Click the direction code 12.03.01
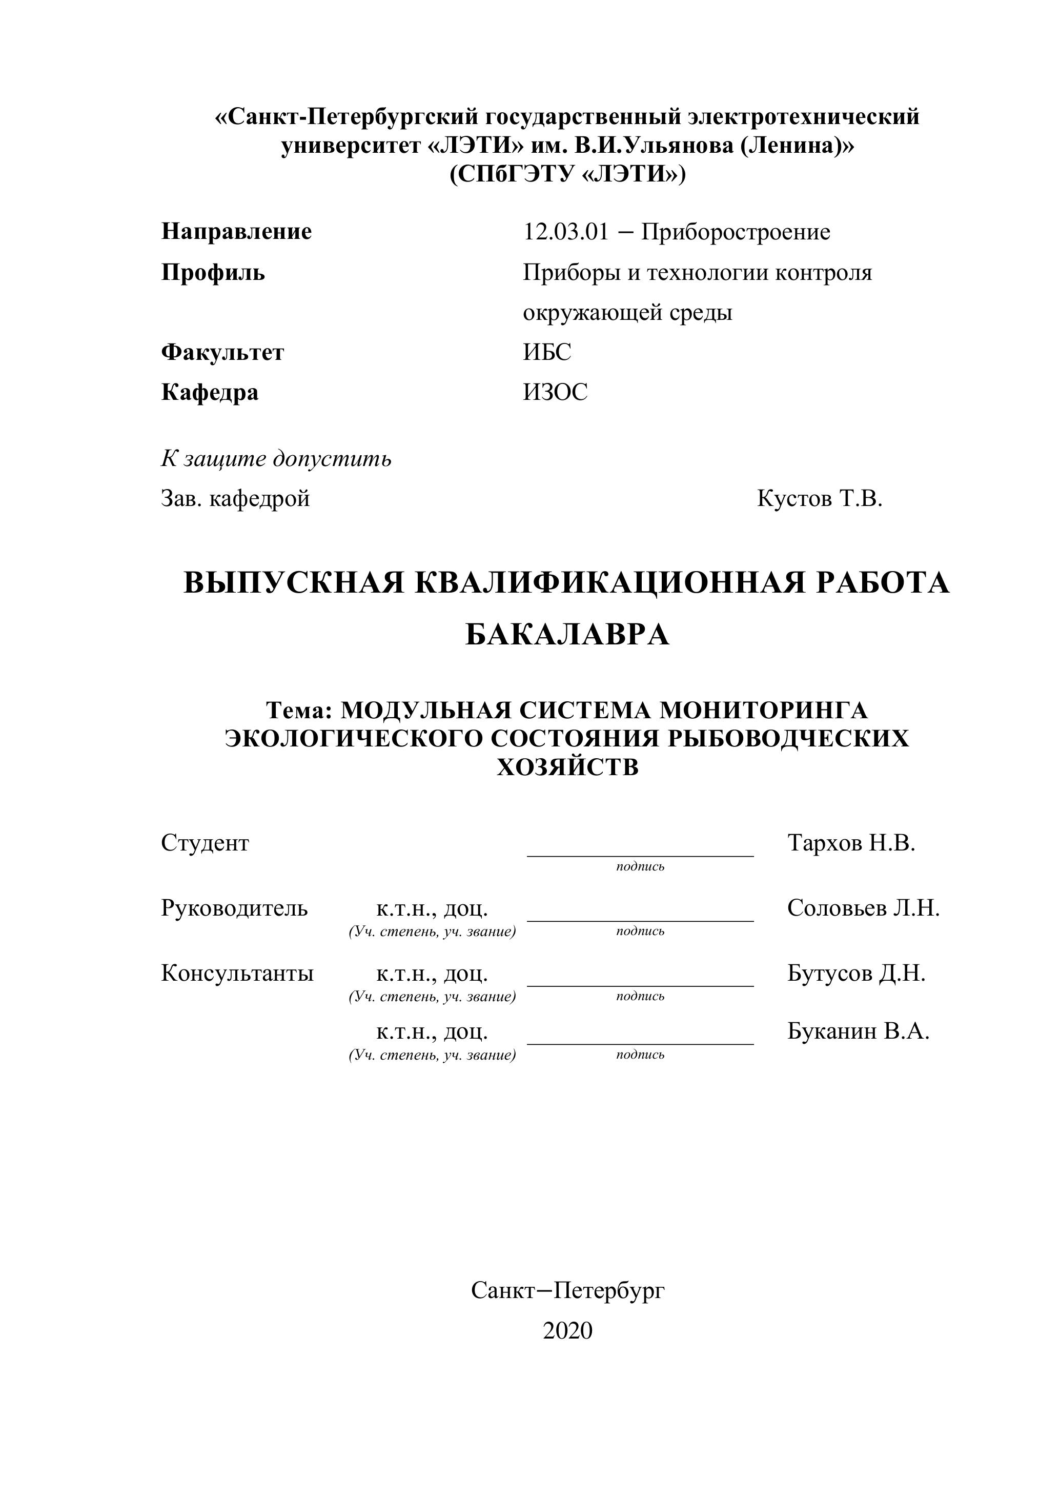[x=565, y=232]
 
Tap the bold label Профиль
[x=213, y=272]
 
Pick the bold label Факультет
[x=222, y=353]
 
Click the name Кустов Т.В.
[x=819, y=499]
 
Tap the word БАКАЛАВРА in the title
[x=567, y=634]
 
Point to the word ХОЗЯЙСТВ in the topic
[x=567, y=766]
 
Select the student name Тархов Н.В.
[x=851, y=843]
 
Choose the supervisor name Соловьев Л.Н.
[x=863, y=907]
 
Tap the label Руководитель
[x=234, y=907]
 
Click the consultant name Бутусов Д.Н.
[x=857, y=973]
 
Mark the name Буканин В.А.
[x=858, y=1031]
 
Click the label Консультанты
[x=237, y=973]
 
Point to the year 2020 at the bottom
[x=567, y=1330]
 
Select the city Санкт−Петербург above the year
[x=567, y=1290]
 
